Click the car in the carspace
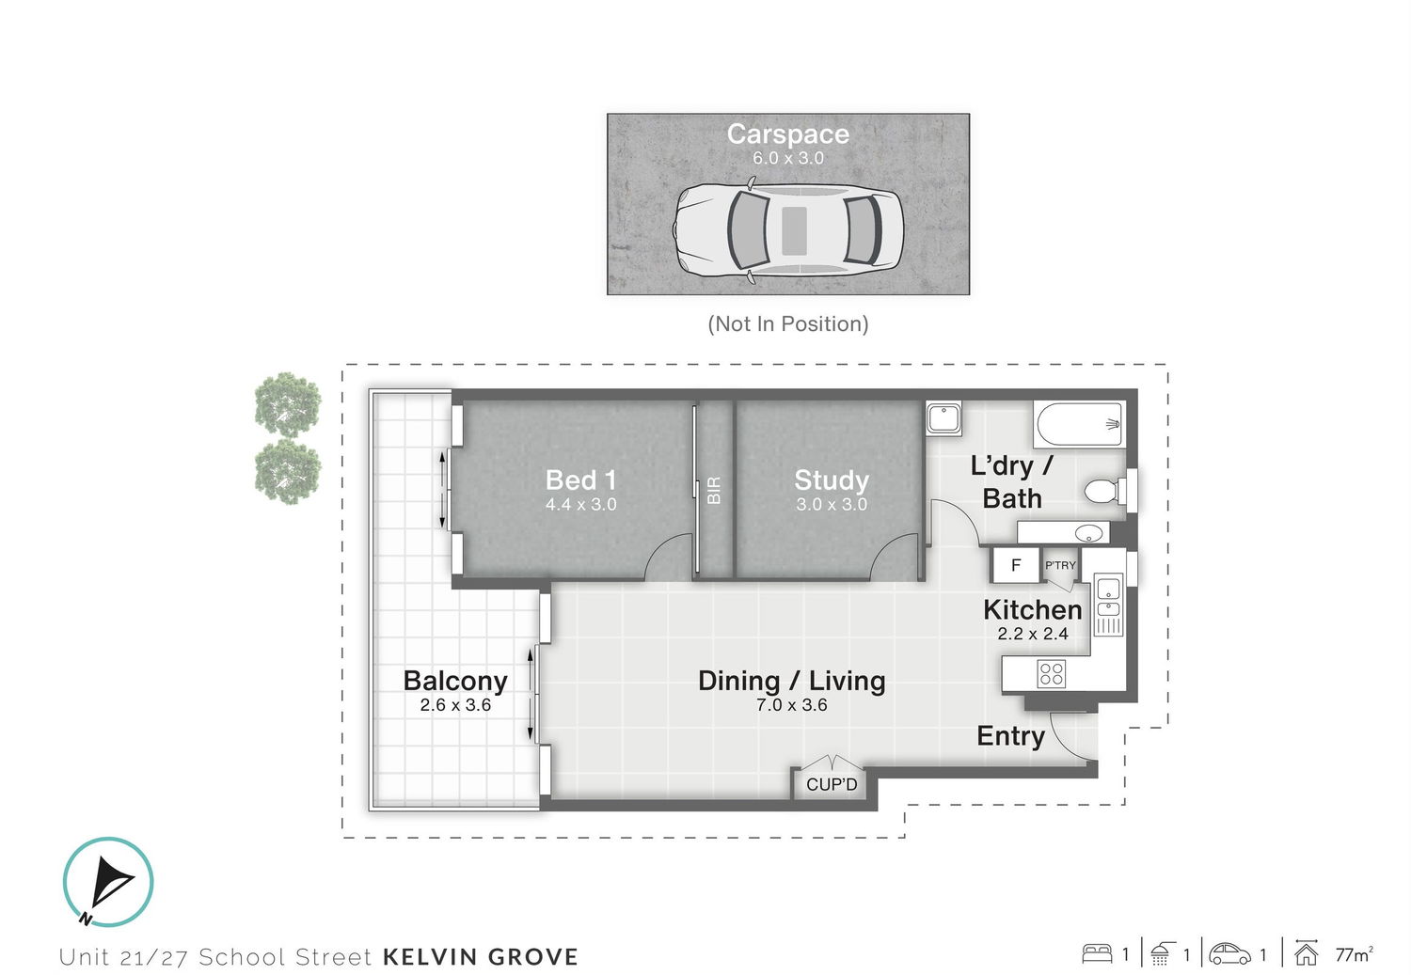(x=788, y=230)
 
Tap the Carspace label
(x=788, y=134)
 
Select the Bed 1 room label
(x=580, y=480)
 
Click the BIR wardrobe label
(x=714, y=490)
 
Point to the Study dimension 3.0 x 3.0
(x=832, y=504)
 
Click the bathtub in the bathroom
(x=1079, y=424)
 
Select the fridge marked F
(x=1015, y=565)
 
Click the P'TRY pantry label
(x=1061, y=565)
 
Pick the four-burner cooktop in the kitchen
(x=1052, y=673)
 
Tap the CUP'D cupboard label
(x=832, y=785)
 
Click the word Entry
(x=1010, y=736)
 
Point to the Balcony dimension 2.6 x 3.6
(x=455, y=705)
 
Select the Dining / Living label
(x=792, y=681)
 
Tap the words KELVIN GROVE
(x=481, y=957)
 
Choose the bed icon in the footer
(x=1097, y=953)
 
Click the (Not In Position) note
(x=788, y=324)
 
